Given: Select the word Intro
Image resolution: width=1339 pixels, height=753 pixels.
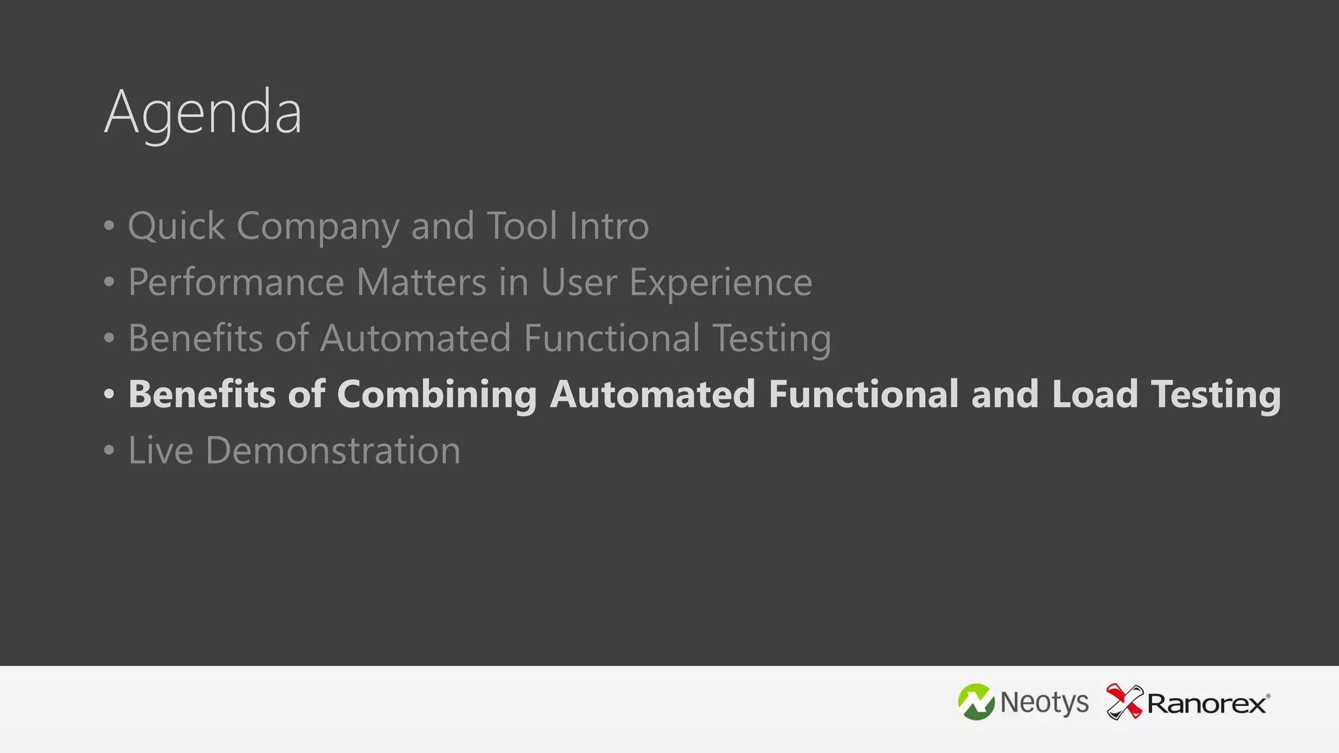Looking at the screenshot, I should [x=609, y=226].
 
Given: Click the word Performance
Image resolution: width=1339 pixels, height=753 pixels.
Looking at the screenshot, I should [x=236, y=282].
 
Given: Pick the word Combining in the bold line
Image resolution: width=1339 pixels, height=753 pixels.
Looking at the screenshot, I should [x=437, y=395].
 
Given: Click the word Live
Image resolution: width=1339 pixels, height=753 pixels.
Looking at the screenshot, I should [x=161, y=450].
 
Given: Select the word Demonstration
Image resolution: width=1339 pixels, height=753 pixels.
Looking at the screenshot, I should [x=333, y=450].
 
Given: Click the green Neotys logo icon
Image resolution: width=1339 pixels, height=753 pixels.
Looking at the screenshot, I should [x=976, y=702].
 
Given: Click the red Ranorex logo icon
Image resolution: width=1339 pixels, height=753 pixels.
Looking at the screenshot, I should [x=1124, y=701].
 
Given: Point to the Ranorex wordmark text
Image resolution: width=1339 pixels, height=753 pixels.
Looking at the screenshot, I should [x=1207, y=704].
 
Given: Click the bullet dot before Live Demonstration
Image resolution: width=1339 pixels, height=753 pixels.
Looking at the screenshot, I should [x=109, y=450].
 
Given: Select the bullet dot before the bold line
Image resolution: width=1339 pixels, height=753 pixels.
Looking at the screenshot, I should [x=109, y=393].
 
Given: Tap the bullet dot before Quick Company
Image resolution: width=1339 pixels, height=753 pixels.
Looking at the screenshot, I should [x=109, y=226].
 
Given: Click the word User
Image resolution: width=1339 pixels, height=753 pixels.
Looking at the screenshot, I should [x=579, y=282].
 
